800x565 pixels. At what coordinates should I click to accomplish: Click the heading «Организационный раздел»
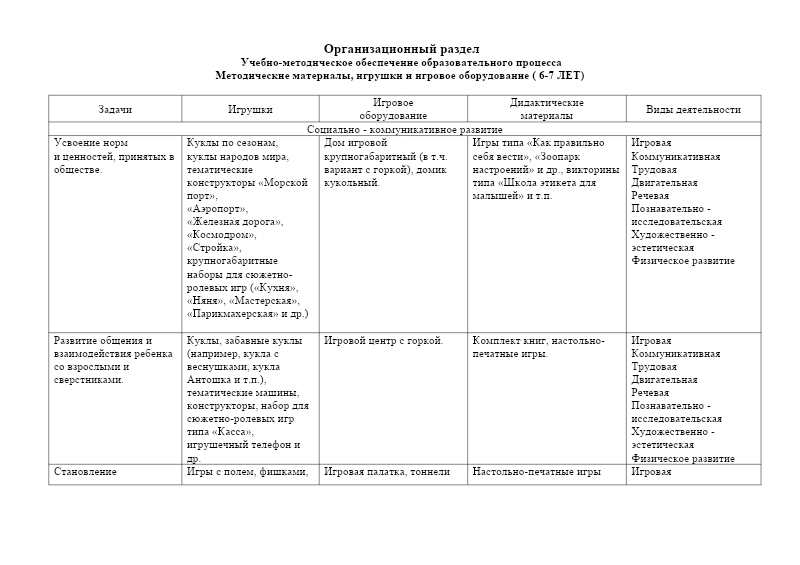pyautogui.click(x=401, y=49)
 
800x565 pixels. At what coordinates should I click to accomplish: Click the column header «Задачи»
pyautogui.click(x=115, y=109)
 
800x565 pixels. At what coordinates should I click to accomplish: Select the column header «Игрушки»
pyautogui.click(x=250, y=109)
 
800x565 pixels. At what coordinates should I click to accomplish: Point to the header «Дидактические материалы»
pyautogui.click(x=546, y=109)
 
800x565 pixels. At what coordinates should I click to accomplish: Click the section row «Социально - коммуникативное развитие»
pyautogui.click(x=404, y=129)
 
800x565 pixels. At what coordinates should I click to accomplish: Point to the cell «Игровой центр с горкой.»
pyautogui.click(x=384, y=341)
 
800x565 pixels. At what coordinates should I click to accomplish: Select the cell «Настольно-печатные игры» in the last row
pyautogui.click(x=536, y=471)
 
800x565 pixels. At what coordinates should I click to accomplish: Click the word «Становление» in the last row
pyautogui.click(x=85, y=471)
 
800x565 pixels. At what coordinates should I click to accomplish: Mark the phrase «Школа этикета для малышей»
pyautogui.click(x=546, y=189)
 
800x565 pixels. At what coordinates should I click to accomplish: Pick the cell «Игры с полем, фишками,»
pyautogui.click(x=247, y=471)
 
